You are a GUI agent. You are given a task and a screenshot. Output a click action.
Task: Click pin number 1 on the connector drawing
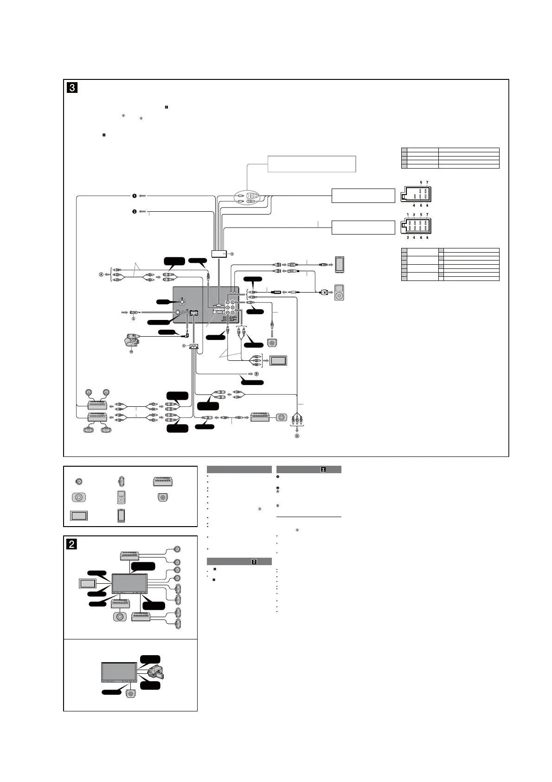click(408, 215)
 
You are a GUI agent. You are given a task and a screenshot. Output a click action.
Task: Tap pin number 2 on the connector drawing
click(408, 237)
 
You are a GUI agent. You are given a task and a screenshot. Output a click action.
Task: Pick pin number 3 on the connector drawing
click(414, 215)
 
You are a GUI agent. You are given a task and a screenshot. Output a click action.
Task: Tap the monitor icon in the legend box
click(79, 515)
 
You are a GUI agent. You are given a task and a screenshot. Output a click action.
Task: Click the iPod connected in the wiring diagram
click(340, 293)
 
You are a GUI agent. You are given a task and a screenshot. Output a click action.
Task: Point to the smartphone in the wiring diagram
click(340, 264)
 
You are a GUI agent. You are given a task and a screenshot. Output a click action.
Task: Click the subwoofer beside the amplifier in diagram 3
click(281, 417)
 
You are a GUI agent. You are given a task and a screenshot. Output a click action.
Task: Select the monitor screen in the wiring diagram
click(278, 360)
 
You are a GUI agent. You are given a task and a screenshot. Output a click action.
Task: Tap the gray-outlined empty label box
click(312, 164)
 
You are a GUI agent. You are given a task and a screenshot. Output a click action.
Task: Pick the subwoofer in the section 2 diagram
click(120, 617)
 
